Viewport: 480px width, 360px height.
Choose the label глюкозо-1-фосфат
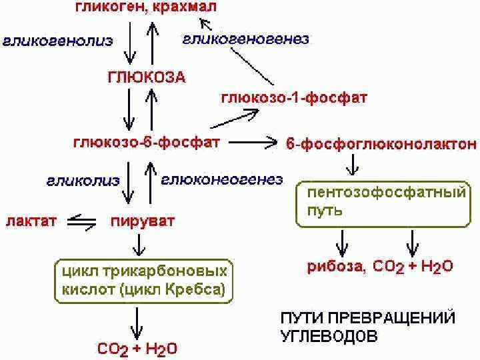[x=293, y=99]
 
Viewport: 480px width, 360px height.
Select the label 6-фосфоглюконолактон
[x=381, y=143]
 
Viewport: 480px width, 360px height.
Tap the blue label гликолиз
[x=83, y=180]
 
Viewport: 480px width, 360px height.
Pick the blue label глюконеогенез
[x=222, y=179]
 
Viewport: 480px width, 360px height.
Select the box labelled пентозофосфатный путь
[x=381, y=203]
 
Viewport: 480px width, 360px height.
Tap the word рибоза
[x=335, y=267]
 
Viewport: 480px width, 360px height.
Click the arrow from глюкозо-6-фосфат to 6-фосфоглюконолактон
[x=253, y=142]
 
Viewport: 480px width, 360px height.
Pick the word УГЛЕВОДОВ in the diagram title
[x=329, y=335]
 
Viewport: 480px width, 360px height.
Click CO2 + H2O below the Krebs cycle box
[x=137, y=348]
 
